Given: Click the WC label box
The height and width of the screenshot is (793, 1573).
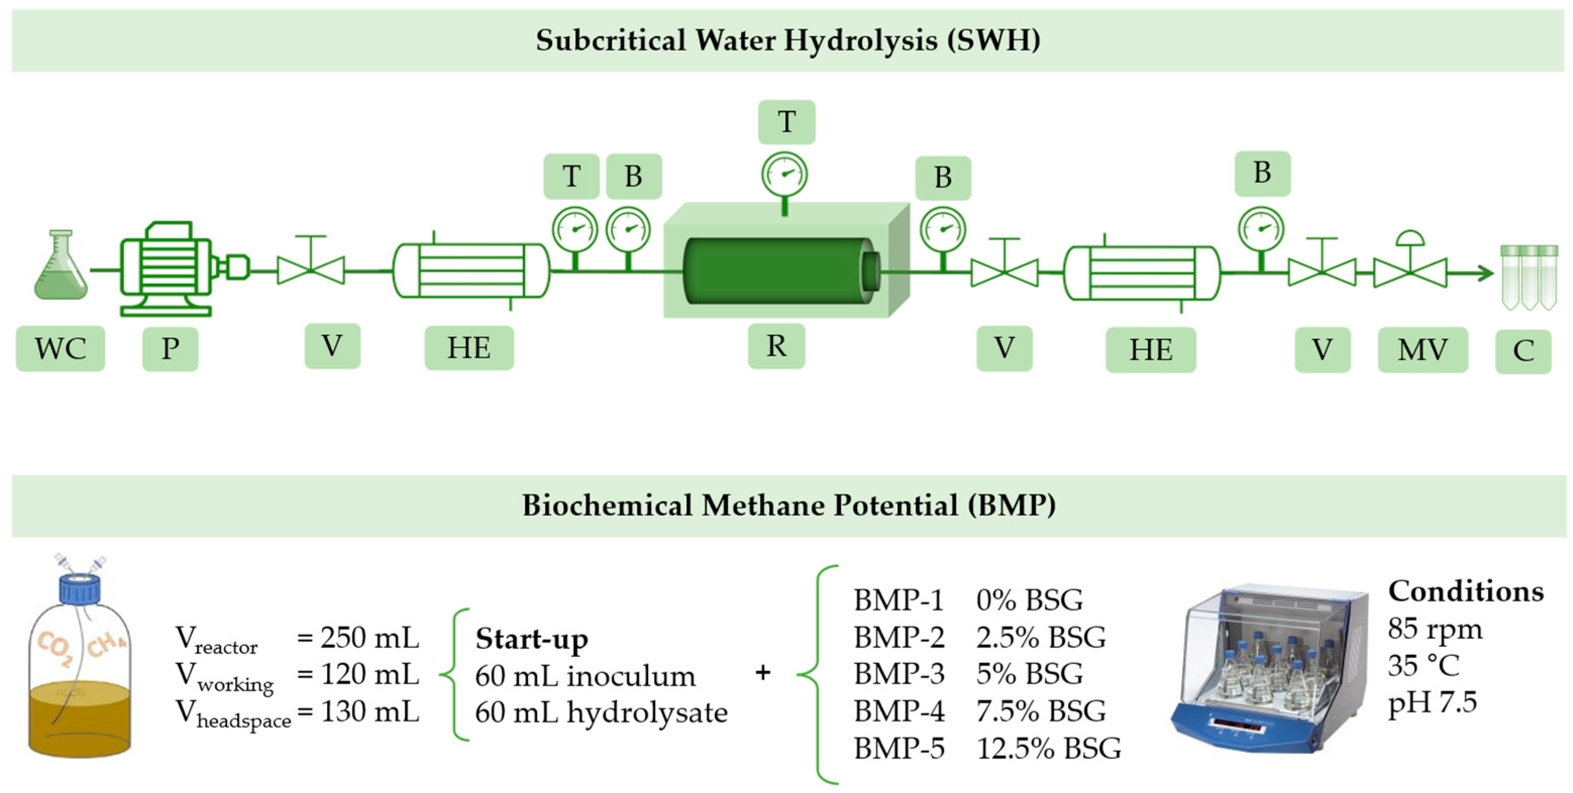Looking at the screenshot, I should click(60, 349).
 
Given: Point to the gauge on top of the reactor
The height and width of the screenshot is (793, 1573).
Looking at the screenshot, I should click(785, 174).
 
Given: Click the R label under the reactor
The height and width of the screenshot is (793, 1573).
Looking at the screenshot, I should click(776, 346).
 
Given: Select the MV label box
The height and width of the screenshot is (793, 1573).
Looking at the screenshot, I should click(1422, 350).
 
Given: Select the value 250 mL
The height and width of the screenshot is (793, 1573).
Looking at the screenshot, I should click(370, 637).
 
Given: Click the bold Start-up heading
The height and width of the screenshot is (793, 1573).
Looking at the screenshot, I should click(531, 639).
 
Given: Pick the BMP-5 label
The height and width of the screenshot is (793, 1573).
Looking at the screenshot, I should click(899, 749).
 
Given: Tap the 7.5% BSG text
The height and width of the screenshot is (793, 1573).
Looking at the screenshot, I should click(1041, 711).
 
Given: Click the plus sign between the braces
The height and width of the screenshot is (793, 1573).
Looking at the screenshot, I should click(763, 673).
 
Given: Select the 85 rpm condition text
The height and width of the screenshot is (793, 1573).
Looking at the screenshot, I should click(1434, 629).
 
